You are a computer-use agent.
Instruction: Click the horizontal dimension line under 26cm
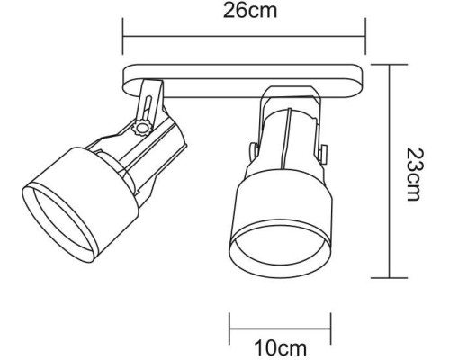click(243, 38)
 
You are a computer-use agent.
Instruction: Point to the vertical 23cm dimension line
click(389, 171)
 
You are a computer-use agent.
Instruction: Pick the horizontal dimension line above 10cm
click(274, 324)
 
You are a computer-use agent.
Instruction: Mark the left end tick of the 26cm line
click(123, 38)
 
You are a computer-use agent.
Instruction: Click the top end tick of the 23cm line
click(389, 64)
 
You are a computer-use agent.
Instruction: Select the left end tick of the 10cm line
click(230, 324)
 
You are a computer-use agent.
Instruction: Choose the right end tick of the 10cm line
click(320, 324)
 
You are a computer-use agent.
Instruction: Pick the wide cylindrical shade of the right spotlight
click(274, 211)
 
